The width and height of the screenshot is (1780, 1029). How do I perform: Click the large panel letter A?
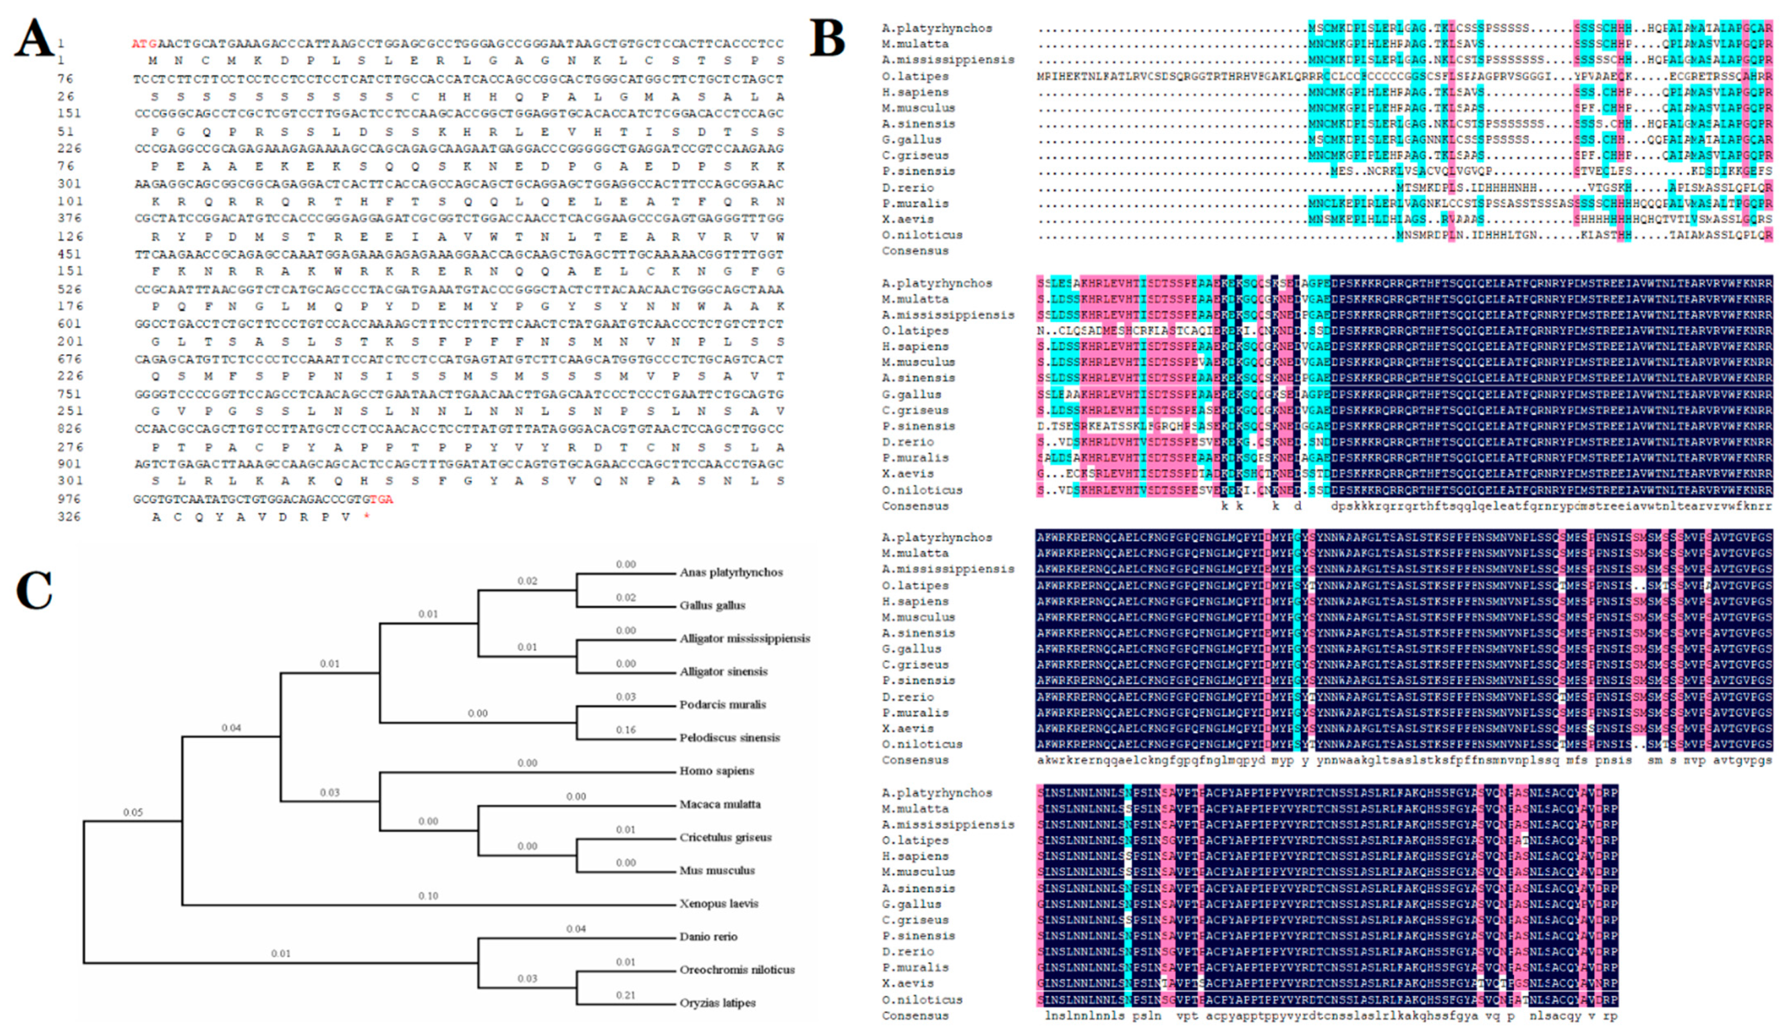[x=34, y=39]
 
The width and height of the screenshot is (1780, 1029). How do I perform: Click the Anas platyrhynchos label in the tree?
[x=731, y=572]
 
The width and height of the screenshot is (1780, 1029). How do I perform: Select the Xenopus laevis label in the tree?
[x=719, y=903]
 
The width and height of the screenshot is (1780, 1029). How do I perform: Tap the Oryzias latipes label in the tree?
[x=717, y=1003]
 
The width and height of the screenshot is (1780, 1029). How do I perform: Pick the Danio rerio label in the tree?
[x=708, y=936]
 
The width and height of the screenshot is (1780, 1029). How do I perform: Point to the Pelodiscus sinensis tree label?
[x=730, y=737]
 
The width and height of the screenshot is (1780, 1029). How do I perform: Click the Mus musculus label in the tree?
[x=717, y=870]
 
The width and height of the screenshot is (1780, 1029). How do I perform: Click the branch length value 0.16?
[x=625, y=730]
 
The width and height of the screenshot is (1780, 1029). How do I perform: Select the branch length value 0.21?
[x=625, y=995]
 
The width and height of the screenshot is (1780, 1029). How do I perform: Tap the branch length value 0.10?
[x=428, y=895]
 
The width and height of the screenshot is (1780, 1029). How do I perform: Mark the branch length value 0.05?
[x=133, y=812]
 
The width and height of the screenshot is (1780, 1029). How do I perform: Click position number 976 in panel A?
[x=69, y=499]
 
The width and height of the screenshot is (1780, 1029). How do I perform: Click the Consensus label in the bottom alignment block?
[x=915, y=1016]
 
